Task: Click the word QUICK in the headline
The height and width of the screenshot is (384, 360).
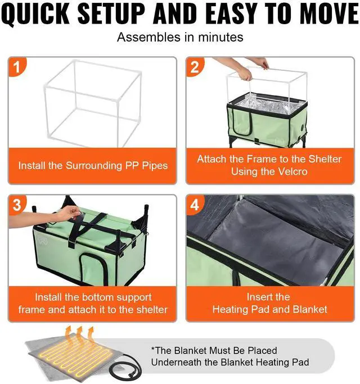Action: click(36, 13)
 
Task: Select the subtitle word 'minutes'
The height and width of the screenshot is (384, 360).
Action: click(220, 38)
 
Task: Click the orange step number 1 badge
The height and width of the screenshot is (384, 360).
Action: click(17, 66)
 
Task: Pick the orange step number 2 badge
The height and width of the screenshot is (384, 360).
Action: click(195, 66)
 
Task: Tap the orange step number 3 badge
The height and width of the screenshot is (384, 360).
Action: click(17, 205)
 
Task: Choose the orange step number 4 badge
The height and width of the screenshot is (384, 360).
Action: click(195, 205)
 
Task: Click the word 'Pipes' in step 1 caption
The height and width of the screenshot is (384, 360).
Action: click(155, 166)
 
